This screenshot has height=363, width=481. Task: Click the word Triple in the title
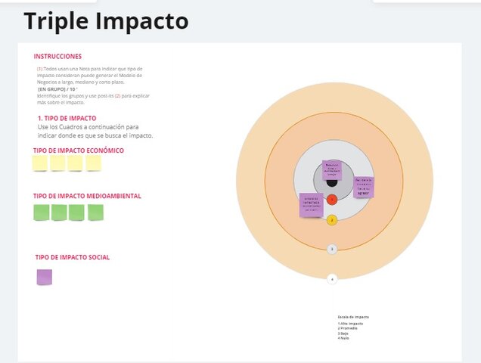(x=55, y=21)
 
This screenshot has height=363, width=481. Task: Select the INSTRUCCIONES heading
(x=57, y=57)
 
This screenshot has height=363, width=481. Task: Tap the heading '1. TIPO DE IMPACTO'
(x=67, y=119)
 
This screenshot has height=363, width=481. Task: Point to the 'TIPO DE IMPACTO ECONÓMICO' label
(x=78, y=150)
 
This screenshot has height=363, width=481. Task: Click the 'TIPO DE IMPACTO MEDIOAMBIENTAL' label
(x=87, y=196)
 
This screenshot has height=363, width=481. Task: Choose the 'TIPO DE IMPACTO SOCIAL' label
(x=72, y=258)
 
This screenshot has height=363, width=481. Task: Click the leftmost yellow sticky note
(x=40, y=163)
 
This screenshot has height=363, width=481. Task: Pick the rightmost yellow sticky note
(x=94, y=163)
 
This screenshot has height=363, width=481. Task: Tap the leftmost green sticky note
(x=41, y=213)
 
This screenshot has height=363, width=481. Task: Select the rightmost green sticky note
(x=95, y=213)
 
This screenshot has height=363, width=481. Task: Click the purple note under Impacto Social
(x=45, y=278)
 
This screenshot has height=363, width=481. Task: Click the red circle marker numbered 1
(x=332, y=200)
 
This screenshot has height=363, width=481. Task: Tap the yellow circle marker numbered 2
(x=332, y=221)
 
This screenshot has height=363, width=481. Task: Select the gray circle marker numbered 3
(x=332, y=249)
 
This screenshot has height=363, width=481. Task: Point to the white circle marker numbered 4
(x=332, y=279)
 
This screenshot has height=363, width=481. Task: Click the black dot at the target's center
(x=332, y=181)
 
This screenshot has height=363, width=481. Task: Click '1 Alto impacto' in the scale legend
(x=350, y=323)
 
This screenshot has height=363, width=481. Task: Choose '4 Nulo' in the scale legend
(x=343, y=338)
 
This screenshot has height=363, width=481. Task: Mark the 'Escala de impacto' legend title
(x=353, y=316)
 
